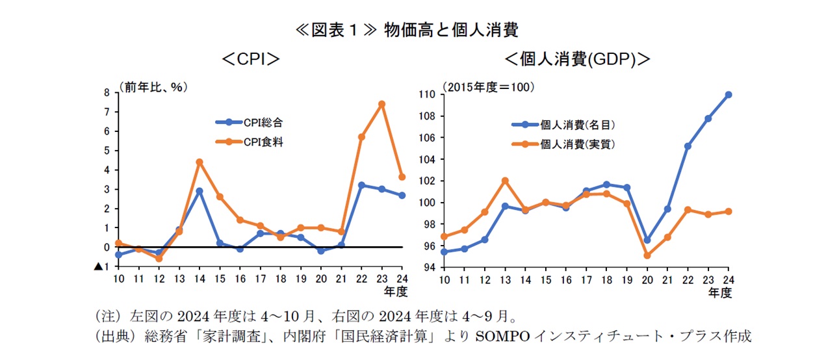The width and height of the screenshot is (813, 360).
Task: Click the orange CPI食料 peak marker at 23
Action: (x=381, y=104)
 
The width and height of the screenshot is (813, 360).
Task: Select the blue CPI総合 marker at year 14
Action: (x=199, y=191)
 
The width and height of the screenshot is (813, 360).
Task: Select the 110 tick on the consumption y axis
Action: (x=426, y=94)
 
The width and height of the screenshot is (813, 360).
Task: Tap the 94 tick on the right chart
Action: (x=428, y=267)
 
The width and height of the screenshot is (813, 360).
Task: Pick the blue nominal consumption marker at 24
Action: (x=729, y=95)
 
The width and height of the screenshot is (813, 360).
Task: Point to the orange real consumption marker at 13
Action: (x=506, y=181)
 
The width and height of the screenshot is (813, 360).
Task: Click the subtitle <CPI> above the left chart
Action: (x=250, y=60)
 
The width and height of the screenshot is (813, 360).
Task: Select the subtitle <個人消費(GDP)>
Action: (x=578, y=60)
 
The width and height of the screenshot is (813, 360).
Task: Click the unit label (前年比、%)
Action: (x=153, y=86)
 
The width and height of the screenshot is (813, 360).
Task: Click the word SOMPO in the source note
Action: (x=498, y=337)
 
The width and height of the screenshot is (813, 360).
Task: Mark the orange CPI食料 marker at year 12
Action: (x=159, y=259)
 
